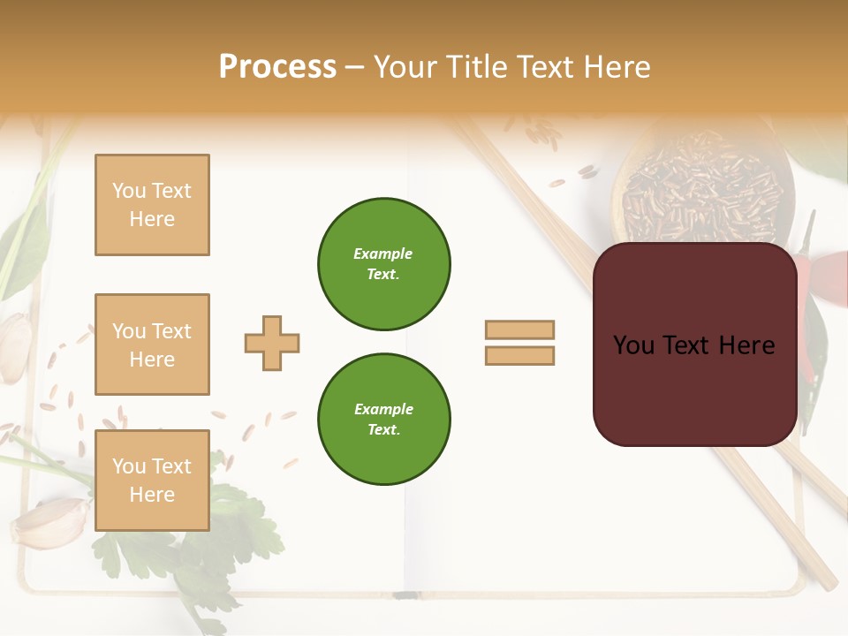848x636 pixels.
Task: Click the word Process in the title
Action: tap(277, 67)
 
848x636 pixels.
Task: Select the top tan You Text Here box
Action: tap(152, 205)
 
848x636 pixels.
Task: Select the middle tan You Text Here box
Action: tap(152, 344)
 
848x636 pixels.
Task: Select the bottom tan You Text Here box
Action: tap(152, 480)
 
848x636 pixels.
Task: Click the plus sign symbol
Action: tap(272, 343)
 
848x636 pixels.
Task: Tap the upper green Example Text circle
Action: tap(384, 264)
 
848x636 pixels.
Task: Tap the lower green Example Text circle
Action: tap(384, 420)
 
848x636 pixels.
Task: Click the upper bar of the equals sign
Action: tap(519, 329)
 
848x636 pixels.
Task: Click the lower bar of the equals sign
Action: tap(519, 355)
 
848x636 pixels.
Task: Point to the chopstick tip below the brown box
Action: tap(817, 565)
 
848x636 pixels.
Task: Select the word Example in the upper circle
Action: tap(382, 254)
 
